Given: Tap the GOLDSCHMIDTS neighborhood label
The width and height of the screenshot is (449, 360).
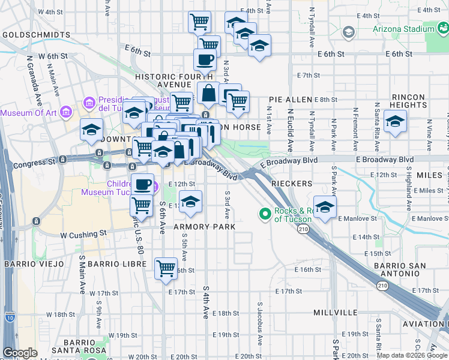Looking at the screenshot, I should [36, 35].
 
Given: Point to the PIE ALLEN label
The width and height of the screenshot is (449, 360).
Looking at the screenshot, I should [291, 99].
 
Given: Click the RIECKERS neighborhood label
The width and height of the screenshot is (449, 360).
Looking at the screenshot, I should [291, 183].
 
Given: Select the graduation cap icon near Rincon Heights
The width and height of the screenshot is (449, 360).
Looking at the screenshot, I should [395, 122].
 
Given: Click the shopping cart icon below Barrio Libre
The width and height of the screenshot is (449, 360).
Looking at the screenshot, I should [166, 268].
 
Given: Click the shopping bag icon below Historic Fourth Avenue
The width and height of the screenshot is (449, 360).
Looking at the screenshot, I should [208, 94].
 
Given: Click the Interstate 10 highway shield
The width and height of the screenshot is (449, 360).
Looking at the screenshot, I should [10, 316].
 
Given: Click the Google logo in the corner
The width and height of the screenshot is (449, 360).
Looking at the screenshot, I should [20, 353].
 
